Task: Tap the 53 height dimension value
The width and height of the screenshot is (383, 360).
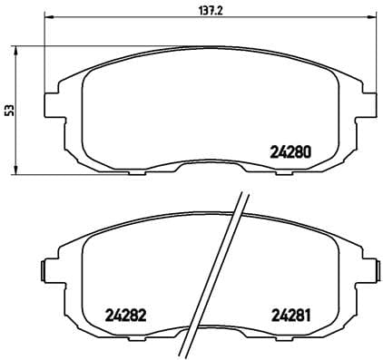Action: coord(10,110)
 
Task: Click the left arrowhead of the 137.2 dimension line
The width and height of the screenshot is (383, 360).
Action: coord(48,18)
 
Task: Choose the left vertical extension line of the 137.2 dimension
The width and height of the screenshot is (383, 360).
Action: coord(44,54)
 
